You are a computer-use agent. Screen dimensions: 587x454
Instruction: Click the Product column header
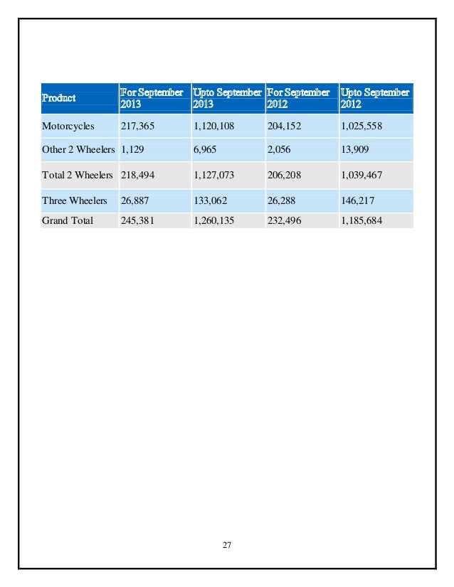[58, 98]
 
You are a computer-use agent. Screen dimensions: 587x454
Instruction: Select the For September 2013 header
[152, 98]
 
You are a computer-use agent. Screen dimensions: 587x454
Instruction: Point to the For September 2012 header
[298, 98]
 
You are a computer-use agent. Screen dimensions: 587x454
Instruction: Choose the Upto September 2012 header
[375, 98]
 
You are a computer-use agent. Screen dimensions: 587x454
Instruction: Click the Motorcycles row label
[68, 126]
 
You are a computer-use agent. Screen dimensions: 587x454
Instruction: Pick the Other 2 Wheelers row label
[78, 149]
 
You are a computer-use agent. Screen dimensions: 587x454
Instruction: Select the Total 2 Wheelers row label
[78, 174]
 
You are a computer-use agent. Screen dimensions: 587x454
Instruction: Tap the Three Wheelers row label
[73, 200]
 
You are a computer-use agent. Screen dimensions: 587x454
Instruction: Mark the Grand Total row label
[68, 220]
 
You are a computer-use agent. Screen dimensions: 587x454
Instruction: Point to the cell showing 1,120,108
[214, 126]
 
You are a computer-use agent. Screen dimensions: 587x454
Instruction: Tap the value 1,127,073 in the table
[214, 174]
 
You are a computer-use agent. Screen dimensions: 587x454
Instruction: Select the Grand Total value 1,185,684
[362, 220]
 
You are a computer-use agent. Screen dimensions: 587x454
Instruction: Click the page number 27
[227, 545]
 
